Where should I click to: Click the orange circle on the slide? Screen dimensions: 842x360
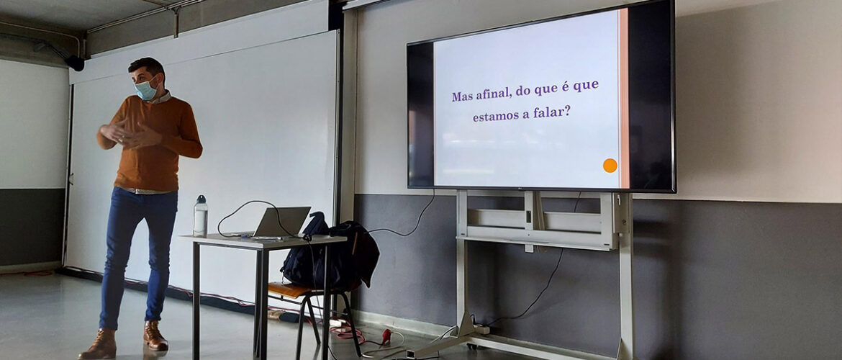pos(610,166)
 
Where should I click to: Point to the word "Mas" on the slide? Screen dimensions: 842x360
pos(462,96)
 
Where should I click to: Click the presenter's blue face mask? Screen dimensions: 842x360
pos(146,89)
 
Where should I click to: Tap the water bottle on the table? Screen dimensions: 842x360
pos(200,216)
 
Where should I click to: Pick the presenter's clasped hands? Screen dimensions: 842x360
pos(129,135)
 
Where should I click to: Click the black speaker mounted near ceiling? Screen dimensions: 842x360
pos(75,63)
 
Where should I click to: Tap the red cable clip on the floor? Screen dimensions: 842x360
pos(386,336)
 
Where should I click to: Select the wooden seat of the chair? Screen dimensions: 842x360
pos(290,290)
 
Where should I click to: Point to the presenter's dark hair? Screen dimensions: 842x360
pos(146,67)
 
